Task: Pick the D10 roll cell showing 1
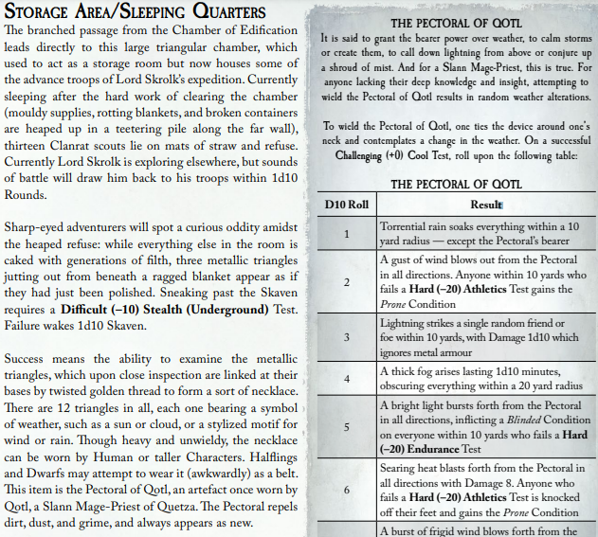[346, 234]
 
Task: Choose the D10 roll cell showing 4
[346, 379]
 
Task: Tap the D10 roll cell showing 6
[346, 490]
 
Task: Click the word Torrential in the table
[409, 227]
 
